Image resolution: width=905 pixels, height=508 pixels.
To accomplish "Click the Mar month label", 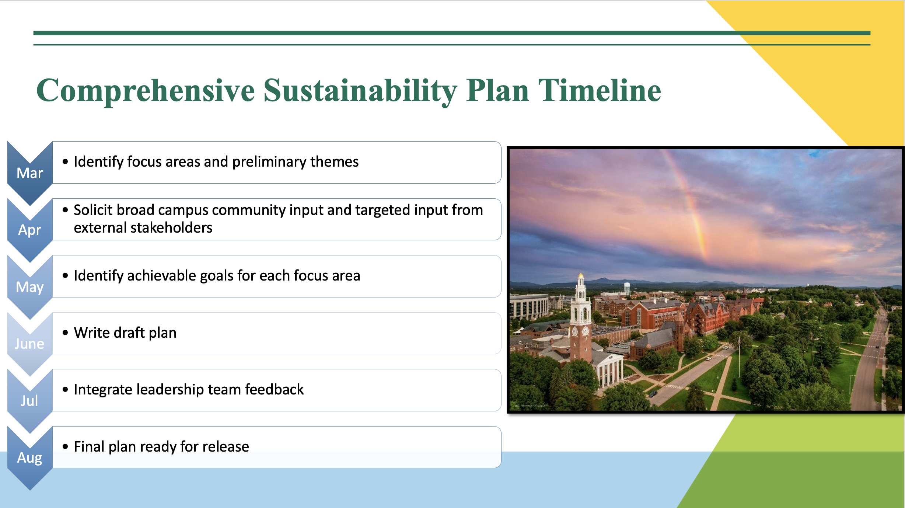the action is click(30, 173).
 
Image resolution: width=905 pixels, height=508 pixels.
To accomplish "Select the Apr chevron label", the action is click(30, 230).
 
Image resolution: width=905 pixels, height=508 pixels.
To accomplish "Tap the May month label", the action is click(30, 287).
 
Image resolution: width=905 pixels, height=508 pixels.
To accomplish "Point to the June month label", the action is click(29, 344).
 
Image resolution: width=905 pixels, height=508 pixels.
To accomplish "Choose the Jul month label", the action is click(29, 401).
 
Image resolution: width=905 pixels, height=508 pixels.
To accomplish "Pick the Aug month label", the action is click(30, 458).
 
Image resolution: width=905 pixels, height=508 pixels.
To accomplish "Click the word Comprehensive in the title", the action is click(146, 91).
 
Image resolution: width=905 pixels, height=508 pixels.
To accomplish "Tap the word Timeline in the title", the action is click(600, 90).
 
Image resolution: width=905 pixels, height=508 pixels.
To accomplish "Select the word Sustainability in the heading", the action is click(360, 91).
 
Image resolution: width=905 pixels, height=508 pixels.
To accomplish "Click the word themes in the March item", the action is click(334, 162).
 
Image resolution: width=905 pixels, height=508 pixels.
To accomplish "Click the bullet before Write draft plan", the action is click(66, 333).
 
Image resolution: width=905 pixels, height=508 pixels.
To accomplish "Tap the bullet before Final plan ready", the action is click(66, 447).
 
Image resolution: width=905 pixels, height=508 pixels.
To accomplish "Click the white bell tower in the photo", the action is click(581, 317).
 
